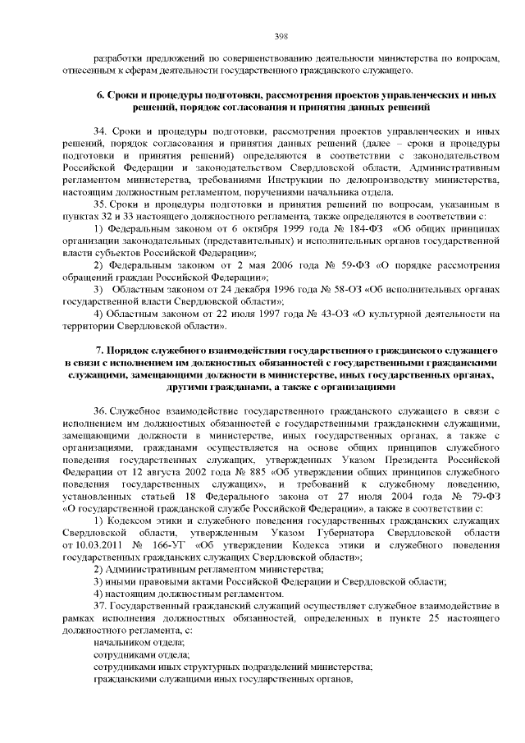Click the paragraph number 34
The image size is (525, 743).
[x=100, y=131]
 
